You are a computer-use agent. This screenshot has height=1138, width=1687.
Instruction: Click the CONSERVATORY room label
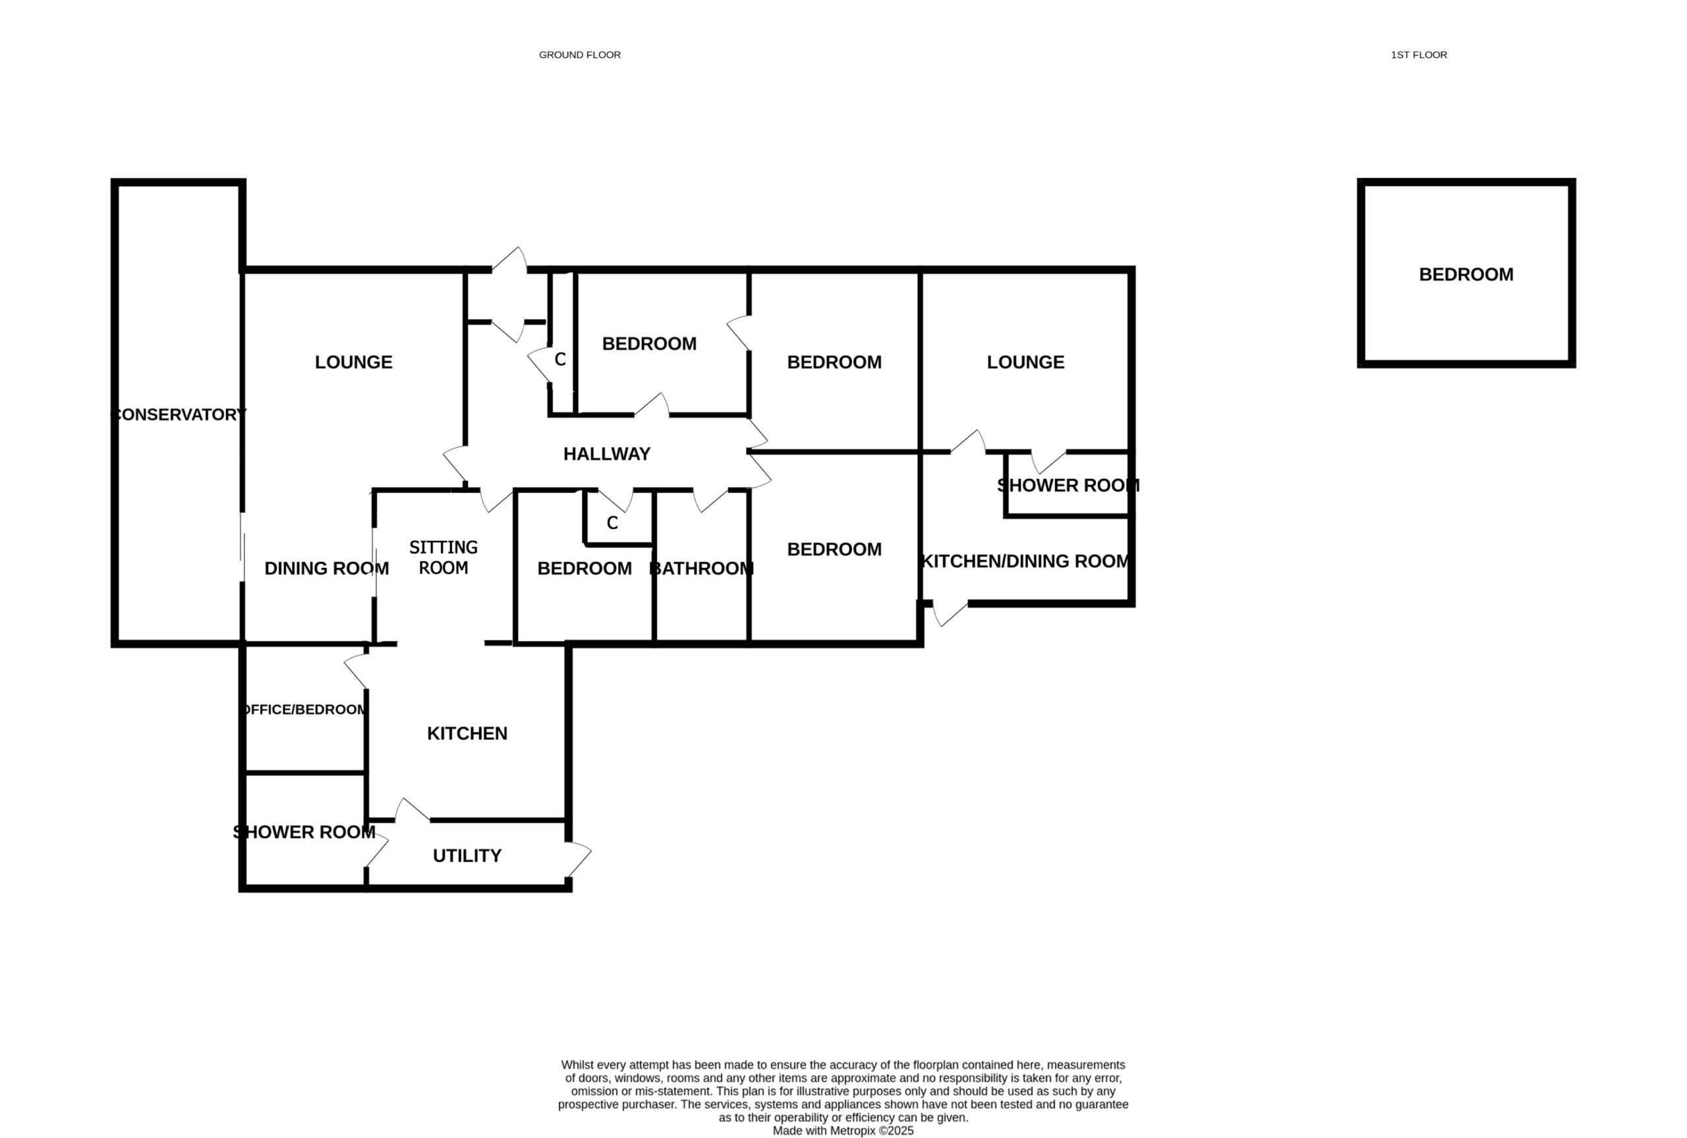179,414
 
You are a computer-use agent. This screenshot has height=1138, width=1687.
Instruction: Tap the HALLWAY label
606,453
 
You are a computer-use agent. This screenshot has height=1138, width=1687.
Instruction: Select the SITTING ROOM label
443,557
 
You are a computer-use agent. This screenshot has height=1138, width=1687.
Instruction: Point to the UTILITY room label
467,856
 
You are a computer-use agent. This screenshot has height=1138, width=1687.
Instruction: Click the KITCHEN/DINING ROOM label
1025,561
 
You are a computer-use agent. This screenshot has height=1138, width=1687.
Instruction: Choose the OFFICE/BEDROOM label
304,709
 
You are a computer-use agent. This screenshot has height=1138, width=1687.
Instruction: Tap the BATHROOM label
701,568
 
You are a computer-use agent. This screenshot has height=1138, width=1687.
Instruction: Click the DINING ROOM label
326,568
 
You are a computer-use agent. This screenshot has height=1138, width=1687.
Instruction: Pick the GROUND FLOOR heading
580,55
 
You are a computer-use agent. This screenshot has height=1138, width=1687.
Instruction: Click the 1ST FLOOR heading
1419,55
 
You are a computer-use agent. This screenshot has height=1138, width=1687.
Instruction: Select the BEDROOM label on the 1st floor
1466,274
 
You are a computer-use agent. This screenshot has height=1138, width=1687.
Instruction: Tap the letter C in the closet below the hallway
612,523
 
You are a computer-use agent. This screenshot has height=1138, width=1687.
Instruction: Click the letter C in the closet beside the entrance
560,359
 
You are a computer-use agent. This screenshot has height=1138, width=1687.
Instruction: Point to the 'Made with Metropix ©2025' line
843,1131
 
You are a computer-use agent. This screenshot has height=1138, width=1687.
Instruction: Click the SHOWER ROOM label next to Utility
304,832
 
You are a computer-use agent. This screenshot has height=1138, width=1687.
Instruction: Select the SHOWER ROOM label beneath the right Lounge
1068,486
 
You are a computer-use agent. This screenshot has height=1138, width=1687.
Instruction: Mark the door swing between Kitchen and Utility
412,810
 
